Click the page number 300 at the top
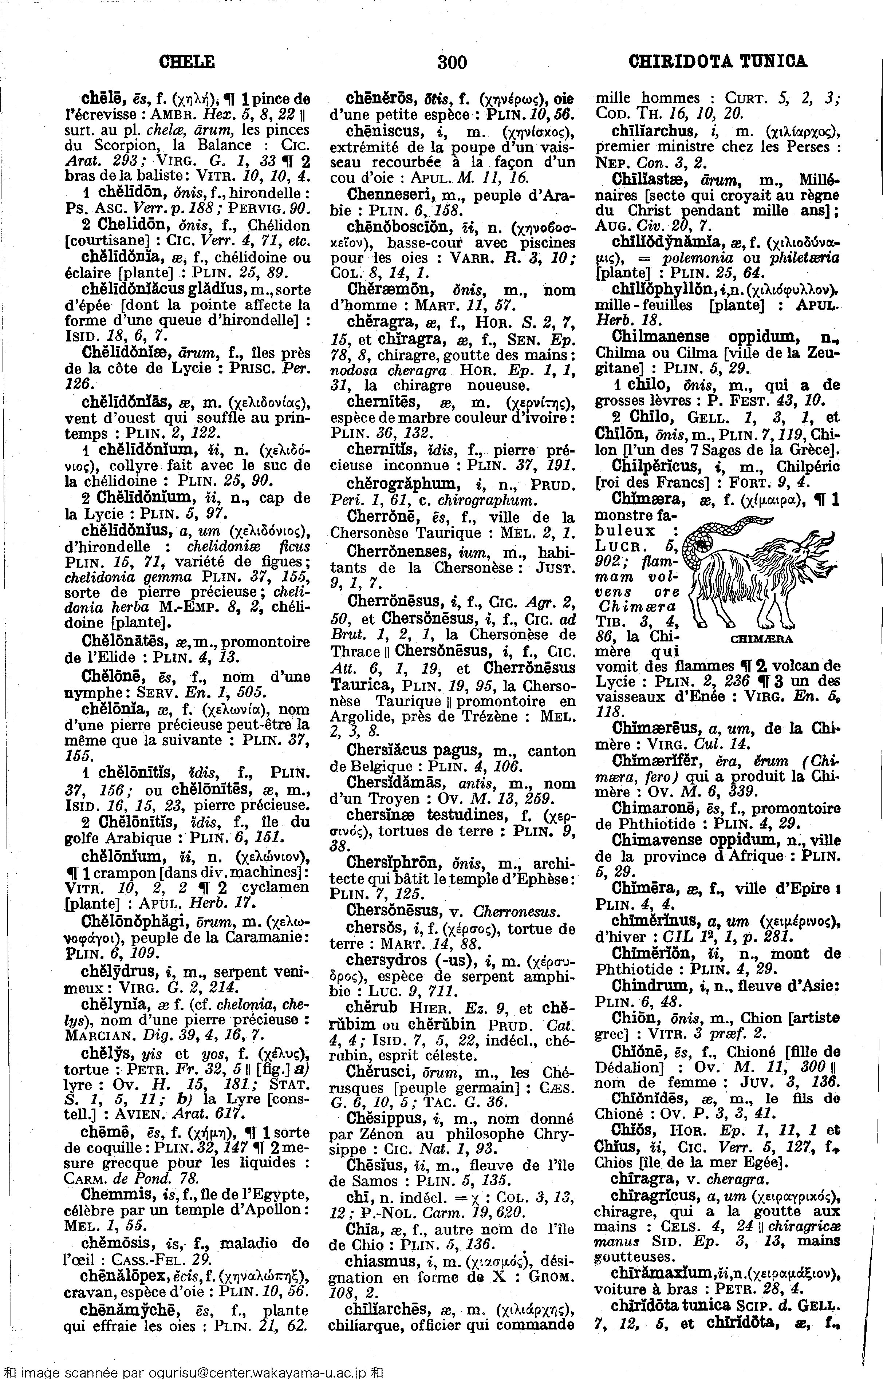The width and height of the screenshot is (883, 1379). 452,61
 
